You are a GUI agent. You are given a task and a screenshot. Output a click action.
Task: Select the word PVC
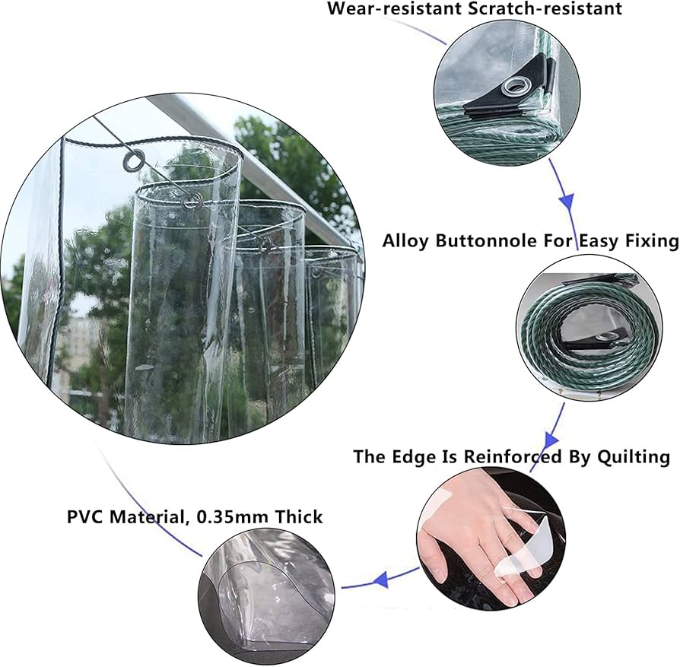pos(86,517)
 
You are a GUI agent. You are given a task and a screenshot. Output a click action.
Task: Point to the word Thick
pos(298,517)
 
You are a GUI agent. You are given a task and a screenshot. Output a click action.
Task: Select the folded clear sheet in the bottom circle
pos(266,601)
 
